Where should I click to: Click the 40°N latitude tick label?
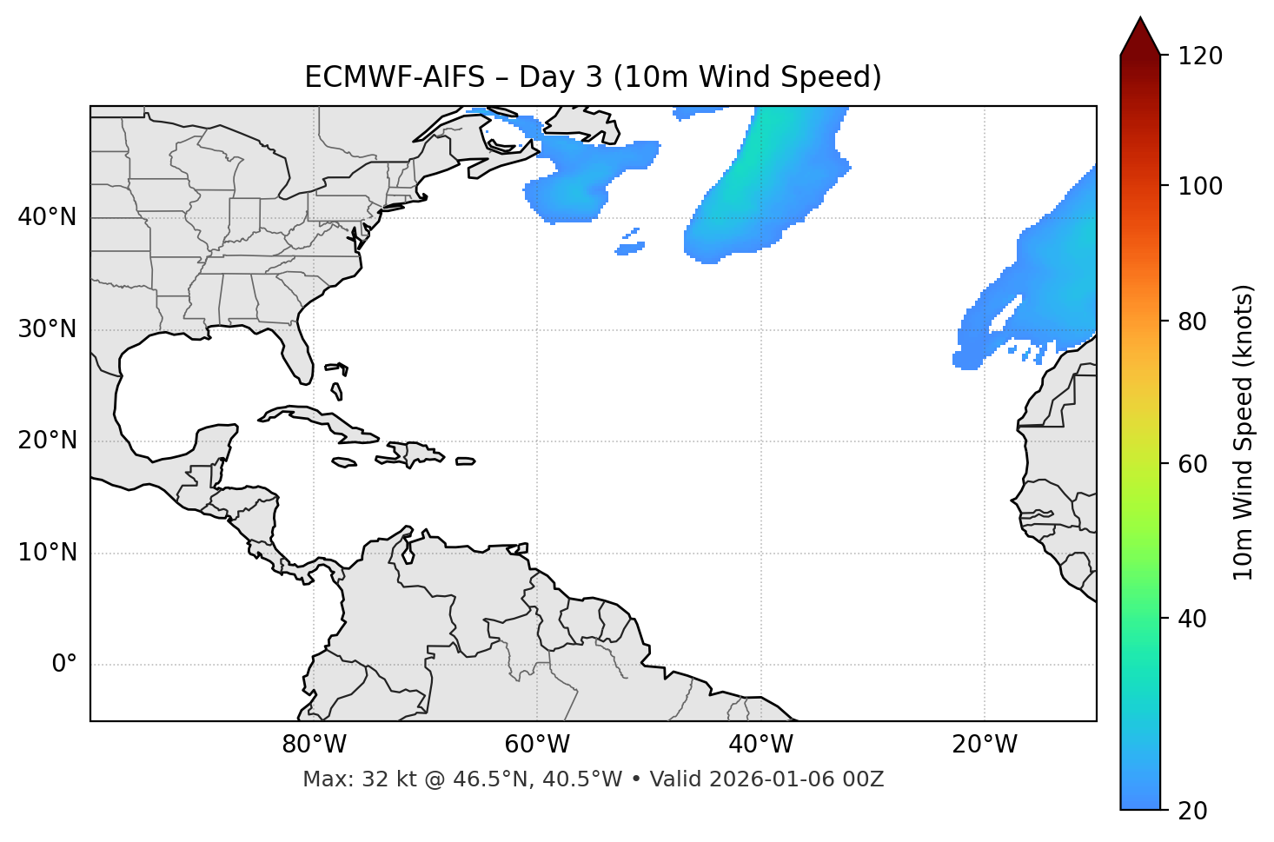47,217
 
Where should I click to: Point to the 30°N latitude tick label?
47,329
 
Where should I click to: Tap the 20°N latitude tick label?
47,441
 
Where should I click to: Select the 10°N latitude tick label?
47,553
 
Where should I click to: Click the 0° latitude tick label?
63,665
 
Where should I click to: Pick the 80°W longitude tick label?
314,745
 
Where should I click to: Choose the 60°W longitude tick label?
537,745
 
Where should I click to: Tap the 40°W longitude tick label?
760,745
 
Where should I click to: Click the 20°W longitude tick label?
985,745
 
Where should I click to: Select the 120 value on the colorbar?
1200,56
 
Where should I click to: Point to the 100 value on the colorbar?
1200,186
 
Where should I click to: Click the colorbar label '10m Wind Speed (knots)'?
1244,432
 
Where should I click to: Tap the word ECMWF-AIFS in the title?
394,77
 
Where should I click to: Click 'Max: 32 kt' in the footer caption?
343,779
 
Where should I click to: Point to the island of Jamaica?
344,463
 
